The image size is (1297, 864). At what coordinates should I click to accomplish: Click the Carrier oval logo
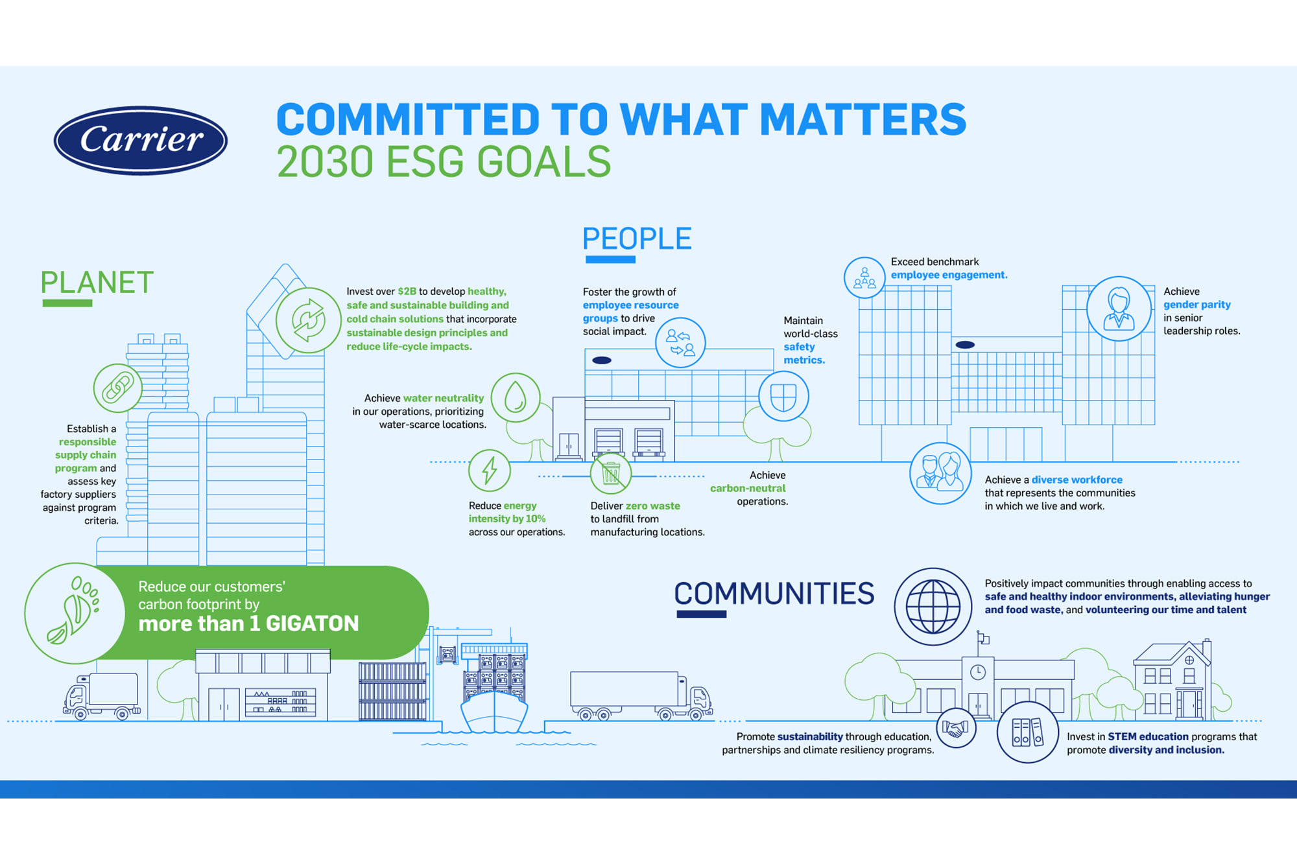pyautogui.click(x=141, y=140)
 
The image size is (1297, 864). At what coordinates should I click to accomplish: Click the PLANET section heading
pyautogui.click(x=97, y=283)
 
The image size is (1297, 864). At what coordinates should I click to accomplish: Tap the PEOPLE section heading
pyautogui.click(x=637, y=239)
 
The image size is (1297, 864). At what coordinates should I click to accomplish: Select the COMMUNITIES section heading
pyautogui.click(x=774, y=594)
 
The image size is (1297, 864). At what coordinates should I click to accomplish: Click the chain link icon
pyautogui.click(x=118, y=388)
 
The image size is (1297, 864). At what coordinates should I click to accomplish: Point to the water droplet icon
pyautogui.click(x=516, y=397)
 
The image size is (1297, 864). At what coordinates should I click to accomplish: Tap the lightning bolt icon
pyautogui.click(x=490, y=471)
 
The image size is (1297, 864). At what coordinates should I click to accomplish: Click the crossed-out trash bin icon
pyautogui.click(x=611, y=473)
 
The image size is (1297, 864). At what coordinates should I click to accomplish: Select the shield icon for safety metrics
pyautogui.click(x=783, y=396)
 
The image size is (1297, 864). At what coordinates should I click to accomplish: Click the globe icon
pyautogui.click(x=933, y=607)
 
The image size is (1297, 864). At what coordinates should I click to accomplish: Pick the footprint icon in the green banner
pyautogui.click(x=75, y=613)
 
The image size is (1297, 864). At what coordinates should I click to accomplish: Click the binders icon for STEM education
pyautogui.click(x=1028, y=732)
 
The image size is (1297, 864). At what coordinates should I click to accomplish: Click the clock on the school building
pyautogui.click(x=978, y=672)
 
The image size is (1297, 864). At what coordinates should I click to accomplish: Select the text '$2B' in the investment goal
pyautogui.click(x=407, y=292)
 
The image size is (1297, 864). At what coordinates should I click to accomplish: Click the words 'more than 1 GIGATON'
pyautogui.click(x=248, y=624)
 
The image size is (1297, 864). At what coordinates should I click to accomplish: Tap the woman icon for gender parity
pyautogui.click(x=1119, y=309)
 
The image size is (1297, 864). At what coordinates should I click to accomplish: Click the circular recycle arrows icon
pyautogui.click(x=309, y=320)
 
